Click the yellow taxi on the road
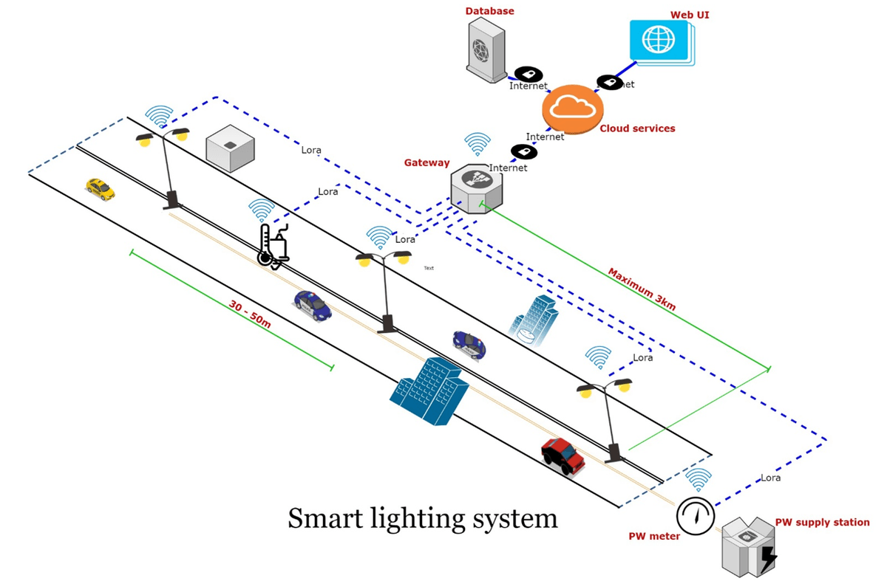100,189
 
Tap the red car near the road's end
563,455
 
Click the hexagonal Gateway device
476,188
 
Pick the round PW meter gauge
696,515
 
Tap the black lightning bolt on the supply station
768,558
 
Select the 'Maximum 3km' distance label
642,289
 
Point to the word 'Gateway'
426,162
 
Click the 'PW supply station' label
822,522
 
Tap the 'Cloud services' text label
637,128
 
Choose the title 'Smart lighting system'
422,518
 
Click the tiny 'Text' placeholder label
429,268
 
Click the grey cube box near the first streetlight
230,148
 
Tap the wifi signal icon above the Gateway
477,145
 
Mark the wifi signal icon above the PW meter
698,480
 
